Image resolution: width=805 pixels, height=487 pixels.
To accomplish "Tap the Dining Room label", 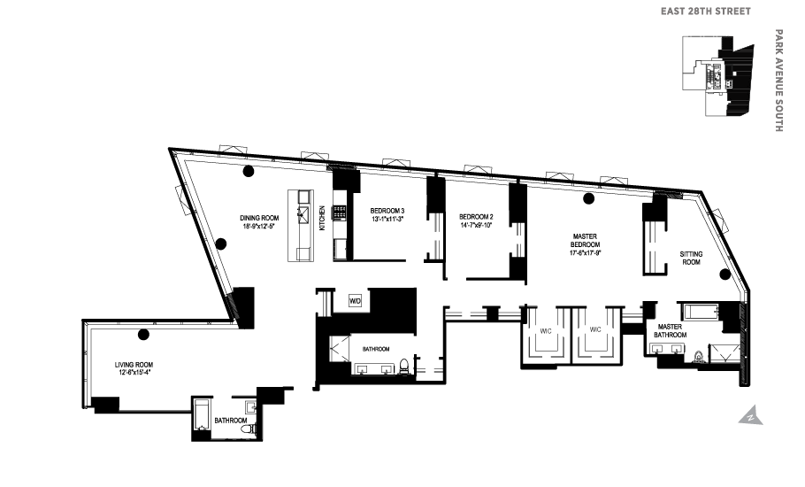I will tap(259, 218).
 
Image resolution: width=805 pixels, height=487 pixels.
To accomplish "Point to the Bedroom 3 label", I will tap(387, 210).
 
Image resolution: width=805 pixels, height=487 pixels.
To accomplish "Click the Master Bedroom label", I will tap(586, 242).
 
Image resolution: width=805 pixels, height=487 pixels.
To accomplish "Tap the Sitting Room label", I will tap(690, 258).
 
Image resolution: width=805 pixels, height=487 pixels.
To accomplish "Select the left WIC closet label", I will tap(546, 329).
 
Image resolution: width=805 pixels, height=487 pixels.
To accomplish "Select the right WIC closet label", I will tap(595, 329).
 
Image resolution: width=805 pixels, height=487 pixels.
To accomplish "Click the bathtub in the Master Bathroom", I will tap(700, 312).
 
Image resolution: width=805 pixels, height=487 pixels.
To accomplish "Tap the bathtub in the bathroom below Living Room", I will tap(201, 416).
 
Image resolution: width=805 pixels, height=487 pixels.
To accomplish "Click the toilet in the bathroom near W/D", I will tap(404, 364).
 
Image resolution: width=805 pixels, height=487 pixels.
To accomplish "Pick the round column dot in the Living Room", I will tap(142, 334).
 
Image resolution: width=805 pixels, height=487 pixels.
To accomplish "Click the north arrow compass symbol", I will tap(748, 414).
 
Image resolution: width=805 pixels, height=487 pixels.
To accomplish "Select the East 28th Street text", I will tap(706, 12).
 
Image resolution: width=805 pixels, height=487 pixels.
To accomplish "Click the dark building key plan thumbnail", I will tap(717, 76).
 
